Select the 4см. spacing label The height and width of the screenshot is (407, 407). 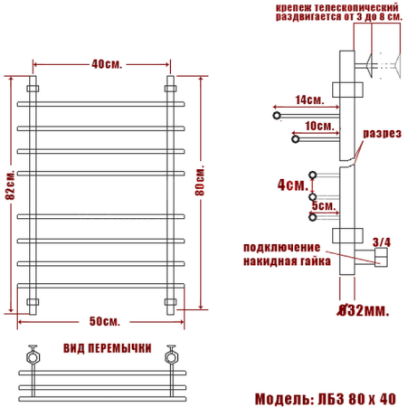291,185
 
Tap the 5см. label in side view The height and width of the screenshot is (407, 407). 322,205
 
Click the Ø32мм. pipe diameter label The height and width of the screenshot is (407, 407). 361,311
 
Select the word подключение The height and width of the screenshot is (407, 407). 283,248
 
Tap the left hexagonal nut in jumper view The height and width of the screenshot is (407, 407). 33,355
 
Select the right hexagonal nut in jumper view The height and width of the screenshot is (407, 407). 169,355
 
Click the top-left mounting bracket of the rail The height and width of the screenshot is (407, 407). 33,90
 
